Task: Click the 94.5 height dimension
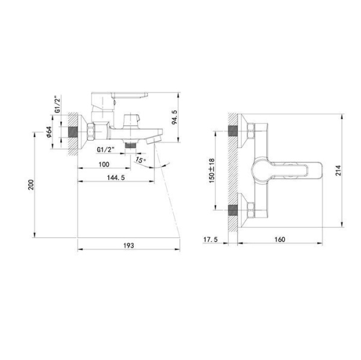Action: (x=174, y=118)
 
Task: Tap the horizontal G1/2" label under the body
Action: (x=106, y=148)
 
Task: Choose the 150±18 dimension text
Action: (x=212, y=170)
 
